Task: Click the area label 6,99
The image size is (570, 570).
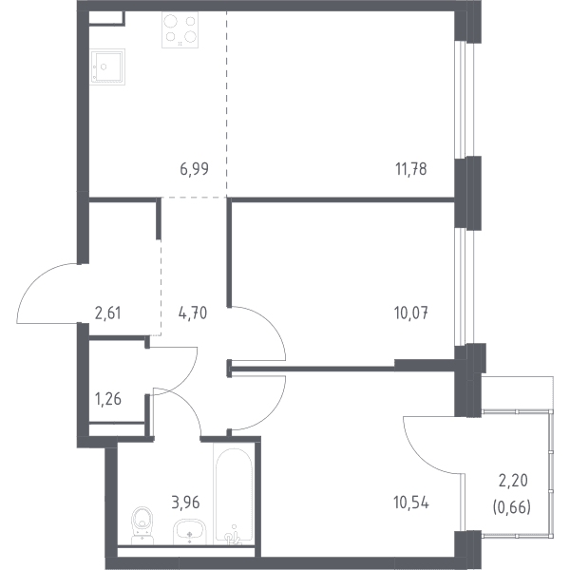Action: point(194,169)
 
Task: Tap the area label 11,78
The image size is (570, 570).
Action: point(410,169)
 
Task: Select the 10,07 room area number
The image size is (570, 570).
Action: point(411,313)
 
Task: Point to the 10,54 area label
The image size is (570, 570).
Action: point(411,503)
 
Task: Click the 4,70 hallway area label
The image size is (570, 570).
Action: point(193,313)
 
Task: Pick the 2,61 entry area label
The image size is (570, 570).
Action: point(108,313)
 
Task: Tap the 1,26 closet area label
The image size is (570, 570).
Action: point(108,399)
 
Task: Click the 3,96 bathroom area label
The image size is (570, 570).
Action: point(185,503)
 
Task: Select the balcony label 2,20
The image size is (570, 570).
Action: point(513,481)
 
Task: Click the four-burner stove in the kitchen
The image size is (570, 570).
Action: point(180,29)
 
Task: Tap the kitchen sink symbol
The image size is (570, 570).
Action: point(107,66)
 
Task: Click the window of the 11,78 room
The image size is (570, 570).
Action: point(465,99)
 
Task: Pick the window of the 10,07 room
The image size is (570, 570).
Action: point(465,287)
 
